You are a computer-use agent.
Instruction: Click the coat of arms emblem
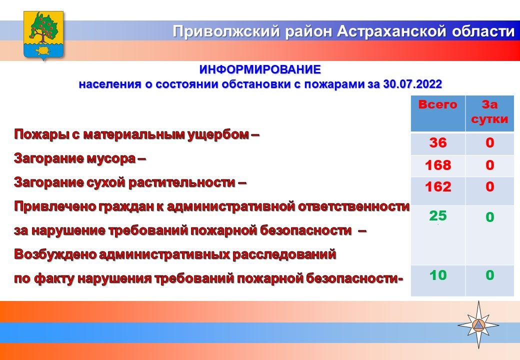click(x=43, y=35)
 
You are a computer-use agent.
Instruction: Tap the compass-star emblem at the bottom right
click(x=478, y=325)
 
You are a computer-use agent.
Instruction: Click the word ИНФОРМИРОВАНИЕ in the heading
click(x=260, y=69)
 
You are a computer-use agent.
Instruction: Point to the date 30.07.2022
click(x=412, y=84)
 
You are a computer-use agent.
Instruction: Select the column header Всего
click(x=438, y=105)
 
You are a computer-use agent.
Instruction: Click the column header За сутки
click(x=489, y=111)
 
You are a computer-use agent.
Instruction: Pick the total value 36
click(x=438, y=143)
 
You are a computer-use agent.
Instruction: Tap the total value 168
click(x=438, y=165)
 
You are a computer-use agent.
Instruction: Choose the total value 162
click(x=438, y=187)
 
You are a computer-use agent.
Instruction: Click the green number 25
click(x=438, y=216)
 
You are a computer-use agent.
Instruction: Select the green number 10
click(x=438, y=275)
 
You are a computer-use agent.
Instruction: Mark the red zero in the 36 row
click(x=490, y=143)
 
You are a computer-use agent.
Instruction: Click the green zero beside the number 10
click(x=490, y=275)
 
